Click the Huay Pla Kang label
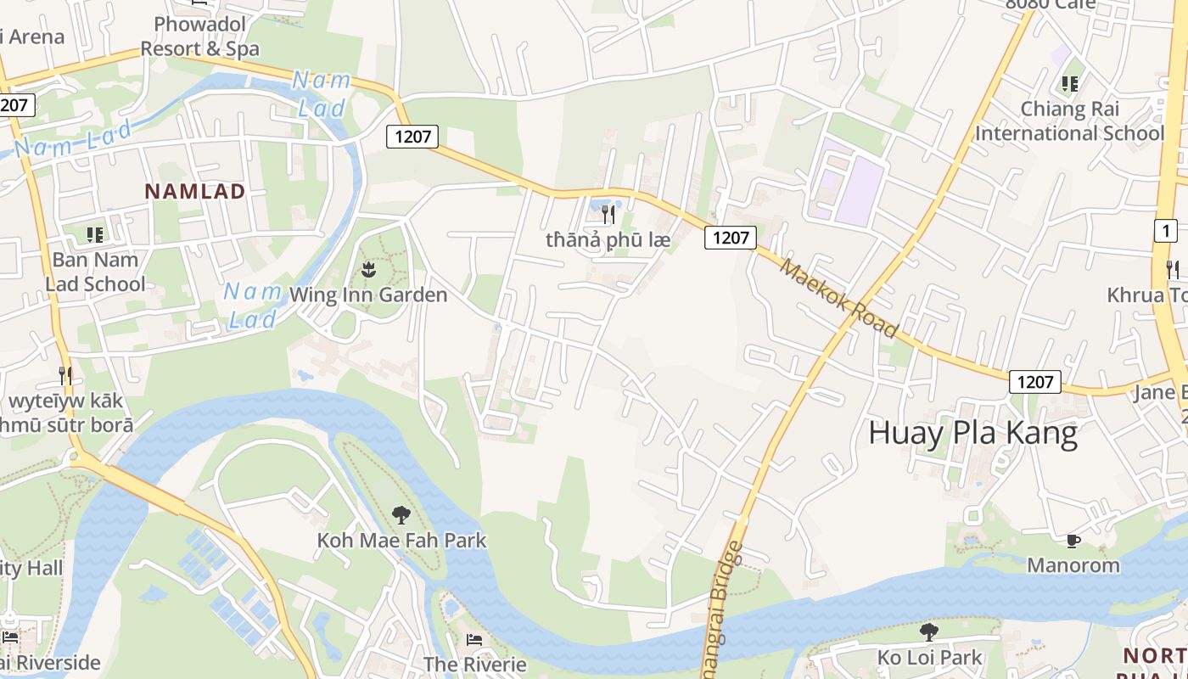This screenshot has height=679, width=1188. coord(972,434)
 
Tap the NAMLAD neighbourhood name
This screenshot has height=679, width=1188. coord(194,191)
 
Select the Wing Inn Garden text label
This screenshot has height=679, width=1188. coord(368,295)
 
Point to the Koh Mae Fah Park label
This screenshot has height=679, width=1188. coord(401,540)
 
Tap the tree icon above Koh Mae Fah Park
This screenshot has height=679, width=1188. coord(401,514)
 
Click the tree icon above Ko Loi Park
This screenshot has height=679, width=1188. coord(929,631)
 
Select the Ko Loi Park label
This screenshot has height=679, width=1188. coord(929,657)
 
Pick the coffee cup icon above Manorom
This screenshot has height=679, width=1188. coord(1073,541)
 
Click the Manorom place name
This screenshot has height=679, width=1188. coord(1073,565)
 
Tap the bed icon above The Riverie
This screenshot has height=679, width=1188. coord(474,639)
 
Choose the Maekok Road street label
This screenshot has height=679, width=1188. coord(838,298)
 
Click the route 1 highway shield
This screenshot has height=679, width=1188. coord(1166,230)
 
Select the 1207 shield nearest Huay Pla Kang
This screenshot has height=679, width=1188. coord(1034,382)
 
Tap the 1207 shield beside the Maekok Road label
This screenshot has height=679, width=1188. coord(730,238)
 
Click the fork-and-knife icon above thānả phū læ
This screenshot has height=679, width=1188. coord(608,215)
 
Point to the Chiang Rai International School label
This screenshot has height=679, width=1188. coord(1069,121)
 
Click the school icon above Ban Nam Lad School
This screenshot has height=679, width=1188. coord(95,234)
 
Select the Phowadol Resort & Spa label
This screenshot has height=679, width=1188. coord(199,36)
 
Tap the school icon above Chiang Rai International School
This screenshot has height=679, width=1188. coord(1069,84)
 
